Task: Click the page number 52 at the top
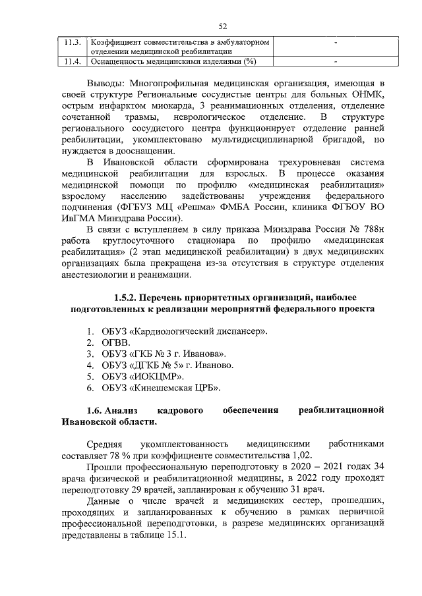coord(222,26)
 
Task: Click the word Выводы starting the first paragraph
coord(105,84)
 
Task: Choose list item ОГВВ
coord(117,342)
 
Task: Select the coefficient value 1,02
coord(296,456)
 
